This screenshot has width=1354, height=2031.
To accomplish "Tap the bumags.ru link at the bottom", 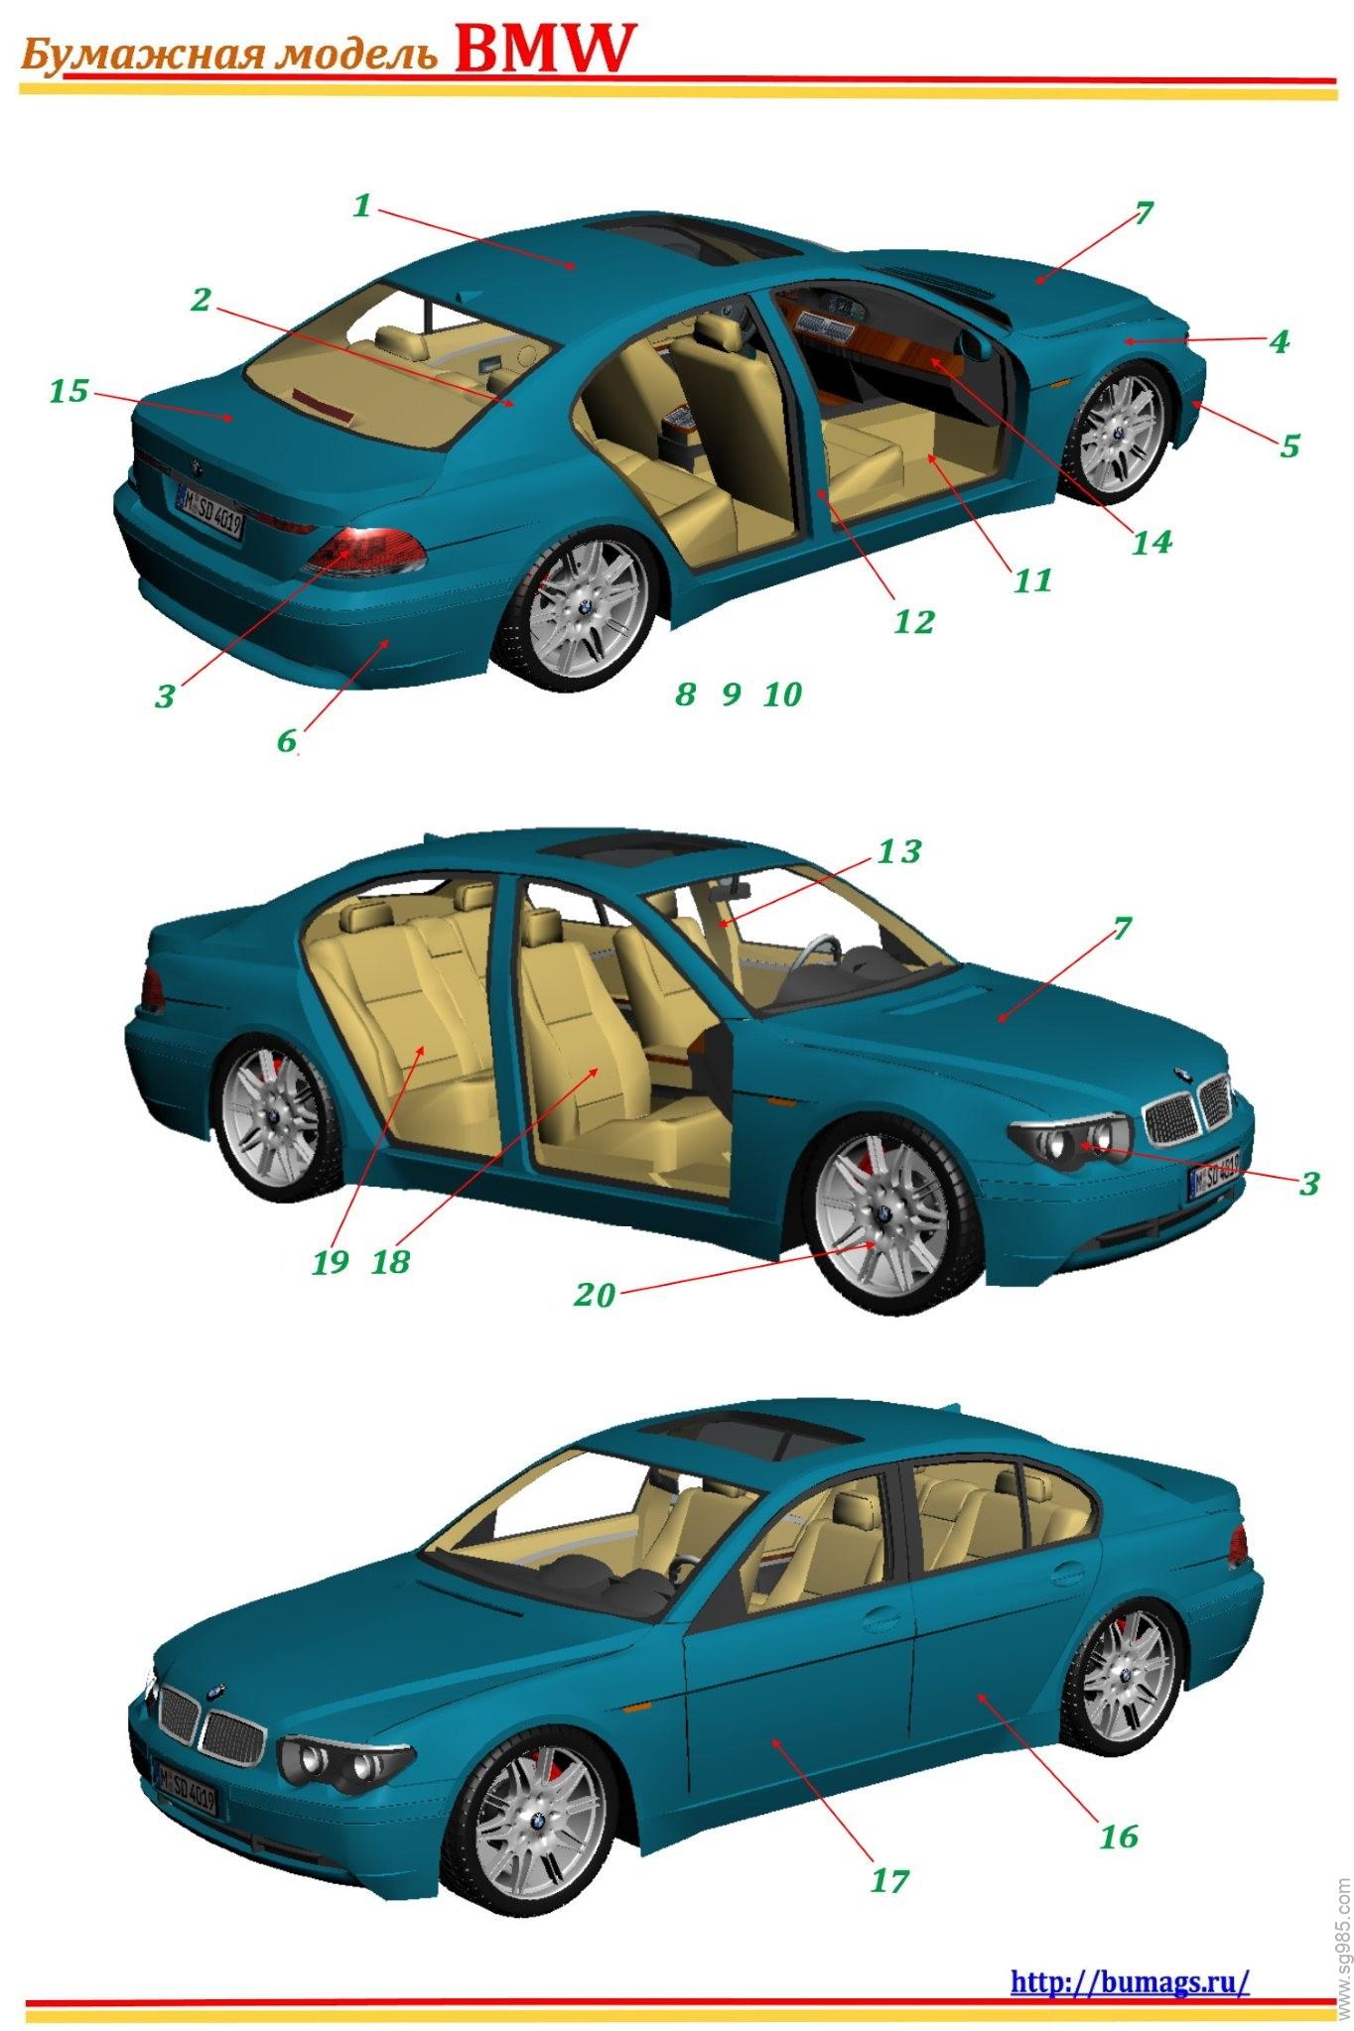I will [x=1130, y=1954].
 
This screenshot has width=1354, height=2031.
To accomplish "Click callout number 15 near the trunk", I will [x=68, y=391].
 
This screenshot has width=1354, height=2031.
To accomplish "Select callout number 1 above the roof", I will [x=361, y=206].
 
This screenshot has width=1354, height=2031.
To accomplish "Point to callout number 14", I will [x=1151, y=542].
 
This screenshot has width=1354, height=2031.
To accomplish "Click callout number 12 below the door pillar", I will [x=913, y=622].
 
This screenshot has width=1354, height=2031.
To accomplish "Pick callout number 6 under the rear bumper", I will [x=286, y=740].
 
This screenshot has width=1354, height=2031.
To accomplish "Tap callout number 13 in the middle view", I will [x=898, y=851].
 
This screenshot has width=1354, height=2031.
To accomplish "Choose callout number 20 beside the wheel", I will [x=595, y=1295].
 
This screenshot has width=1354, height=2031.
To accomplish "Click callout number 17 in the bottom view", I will [x=888, y=1880].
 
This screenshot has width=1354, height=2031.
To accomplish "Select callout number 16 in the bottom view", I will [x=1118, y=1836].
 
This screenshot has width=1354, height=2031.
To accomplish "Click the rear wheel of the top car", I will [x=583, y=610].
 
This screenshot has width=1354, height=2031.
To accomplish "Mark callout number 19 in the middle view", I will [x=330, y=1262].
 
